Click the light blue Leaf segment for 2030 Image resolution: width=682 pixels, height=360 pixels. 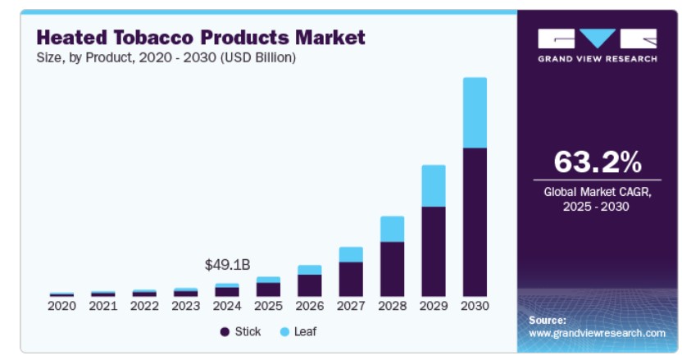coord(475,112)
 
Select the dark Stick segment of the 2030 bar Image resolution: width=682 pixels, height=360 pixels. coord(475,221)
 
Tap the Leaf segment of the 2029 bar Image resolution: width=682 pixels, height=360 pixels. coord(434,185)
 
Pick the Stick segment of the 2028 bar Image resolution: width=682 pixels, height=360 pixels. coord(393,268)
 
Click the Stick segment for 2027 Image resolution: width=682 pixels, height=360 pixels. coord(351,279)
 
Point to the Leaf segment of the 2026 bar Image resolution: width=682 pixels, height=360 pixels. coord(310,270)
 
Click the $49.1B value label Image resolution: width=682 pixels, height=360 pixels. coord(227,265)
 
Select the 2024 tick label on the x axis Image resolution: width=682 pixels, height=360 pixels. coord(227,307)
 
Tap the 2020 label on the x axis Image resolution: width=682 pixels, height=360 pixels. coord(61,307)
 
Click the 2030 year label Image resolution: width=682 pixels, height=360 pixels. coord(475,307)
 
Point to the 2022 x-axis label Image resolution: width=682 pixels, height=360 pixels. coord(144,307)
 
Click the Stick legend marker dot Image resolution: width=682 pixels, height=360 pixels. coord(224,331)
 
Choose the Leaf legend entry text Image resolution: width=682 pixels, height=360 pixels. coord(305,331)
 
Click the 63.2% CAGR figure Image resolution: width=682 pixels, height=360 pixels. coord(597,162)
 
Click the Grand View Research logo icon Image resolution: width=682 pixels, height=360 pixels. coord(597,39)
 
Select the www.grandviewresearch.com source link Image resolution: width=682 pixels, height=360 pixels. coord(597,333)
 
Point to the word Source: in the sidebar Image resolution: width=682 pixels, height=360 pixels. coord(548,320)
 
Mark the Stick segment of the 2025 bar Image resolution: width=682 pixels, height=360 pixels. coord(268,289)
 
